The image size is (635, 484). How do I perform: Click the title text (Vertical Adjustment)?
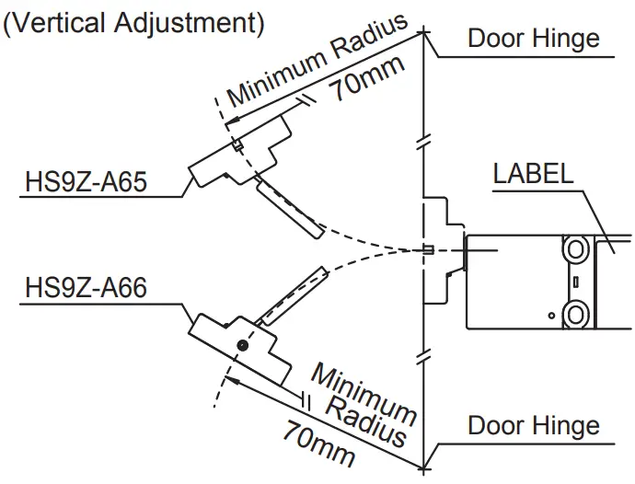coord(134,23)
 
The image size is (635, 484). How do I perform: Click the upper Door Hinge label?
coord(533,38)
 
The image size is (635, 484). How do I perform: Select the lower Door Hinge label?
coord(533,426)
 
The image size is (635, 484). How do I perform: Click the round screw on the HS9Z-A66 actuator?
coord(241,344)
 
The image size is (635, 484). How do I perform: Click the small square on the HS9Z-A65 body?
coord(237,144)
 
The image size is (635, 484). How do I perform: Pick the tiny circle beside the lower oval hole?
coord(552,316)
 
